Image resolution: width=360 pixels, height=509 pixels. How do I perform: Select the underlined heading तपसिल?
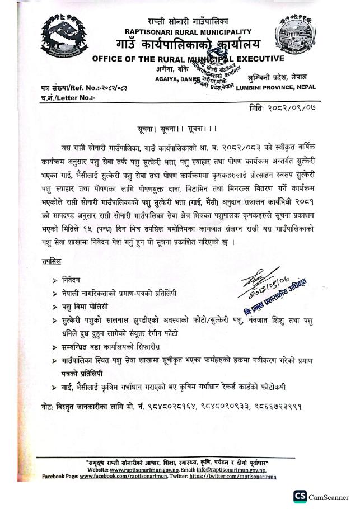pyautogui.click(x=52, y=261)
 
